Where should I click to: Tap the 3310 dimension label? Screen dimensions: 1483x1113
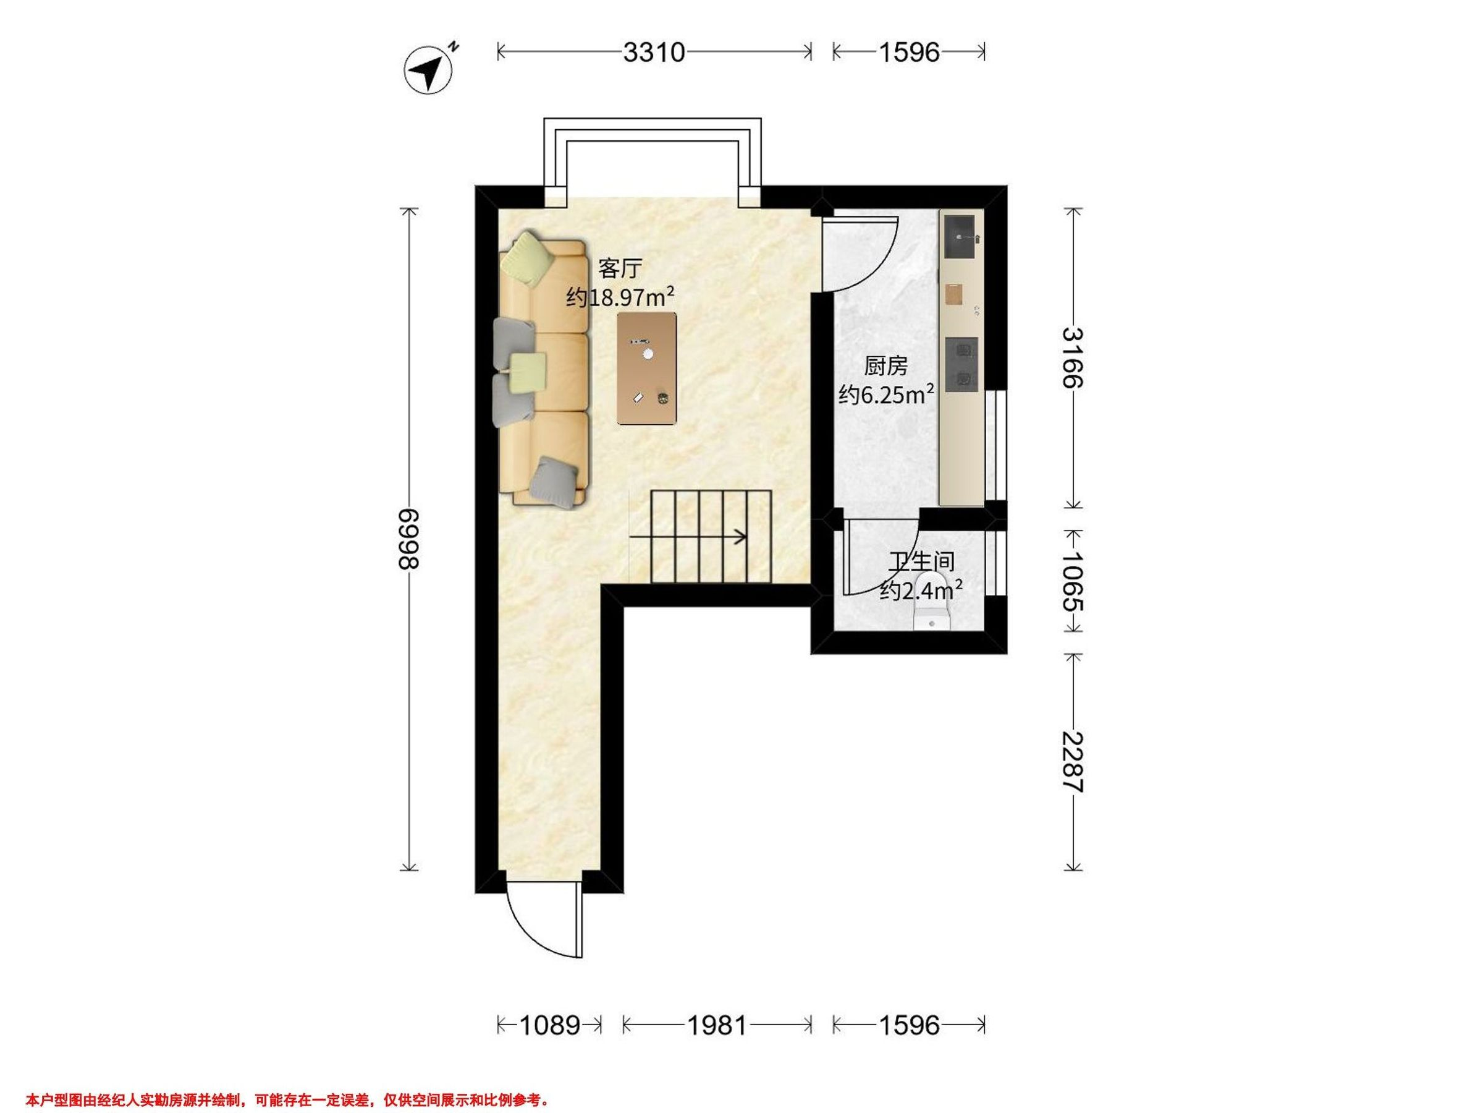click(x=654, y=53)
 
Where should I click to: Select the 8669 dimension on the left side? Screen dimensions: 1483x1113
click(x=408, y=539)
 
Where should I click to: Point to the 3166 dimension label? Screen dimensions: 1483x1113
click(x=1073, y=357)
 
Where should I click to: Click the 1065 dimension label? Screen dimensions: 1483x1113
click(x=1073, y=581)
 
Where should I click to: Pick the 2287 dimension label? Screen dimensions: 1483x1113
click(x=1073, y=761)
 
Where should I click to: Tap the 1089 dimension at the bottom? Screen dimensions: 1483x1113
click(x=550, y=1025)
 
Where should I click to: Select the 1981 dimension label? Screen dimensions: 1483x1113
click(x=717, y=1025)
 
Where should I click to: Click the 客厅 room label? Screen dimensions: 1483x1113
click(x=620, y=268)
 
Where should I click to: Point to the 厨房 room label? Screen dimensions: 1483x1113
click(x=885, y=366)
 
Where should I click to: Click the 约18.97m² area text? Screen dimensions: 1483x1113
click(x=620, y=296)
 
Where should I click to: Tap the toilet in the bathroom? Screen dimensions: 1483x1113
click(x=932, y=602)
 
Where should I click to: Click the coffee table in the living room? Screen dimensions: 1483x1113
click(x=647, y=369)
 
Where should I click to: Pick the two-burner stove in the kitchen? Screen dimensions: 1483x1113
click(x=962, y=364)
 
